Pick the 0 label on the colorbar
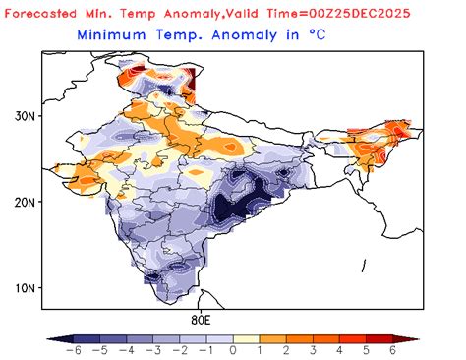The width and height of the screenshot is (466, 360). pyautogui.click(x=233, y=350)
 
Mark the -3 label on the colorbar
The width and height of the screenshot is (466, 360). pyautogui.click(x=149, y=350)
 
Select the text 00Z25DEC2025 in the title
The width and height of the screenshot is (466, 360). pyautogui.click(x=379, y=13)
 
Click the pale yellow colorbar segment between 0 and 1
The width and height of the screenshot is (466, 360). pyautogui.click(x=244, y=337)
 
